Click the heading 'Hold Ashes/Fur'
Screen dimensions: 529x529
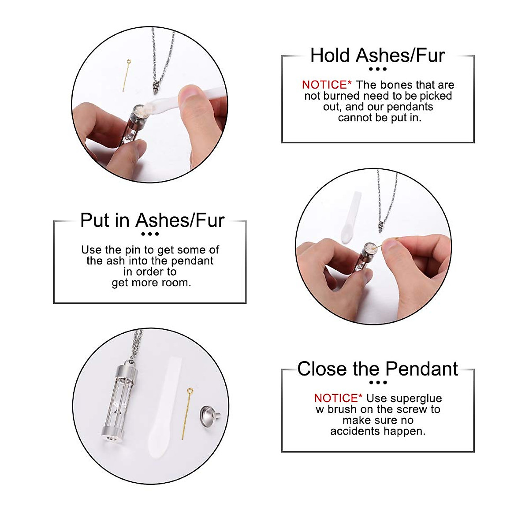click(377, 56)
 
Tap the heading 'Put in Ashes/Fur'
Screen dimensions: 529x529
click(152, 220)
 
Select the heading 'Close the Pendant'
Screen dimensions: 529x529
click(377, 369)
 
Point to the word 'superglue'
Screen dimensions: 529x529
click(416, 399)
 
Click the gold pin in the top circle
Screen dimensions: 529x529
click(126, 75)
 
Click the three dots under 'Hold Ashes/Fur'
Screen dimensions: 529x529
click(377, 69)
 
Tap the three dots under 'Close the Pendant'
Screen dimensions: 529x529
click(377, 383)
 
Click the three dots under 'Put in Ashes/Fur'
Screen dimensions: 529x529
click(150, 234)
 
